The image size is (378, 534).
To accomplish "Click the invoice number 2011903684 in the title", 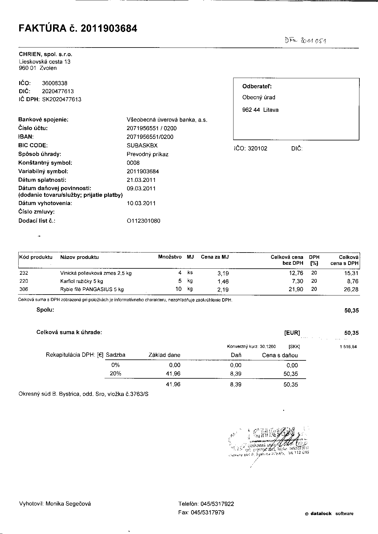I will tap(109, 28).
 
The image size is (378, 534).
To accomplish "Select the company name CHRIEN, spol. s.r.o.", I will tap(45, 55).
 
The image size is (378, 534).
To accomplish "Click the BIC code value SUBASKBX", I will tap(142, 145).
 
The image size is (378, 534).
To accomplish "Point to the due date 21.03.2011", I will tap(141, 180).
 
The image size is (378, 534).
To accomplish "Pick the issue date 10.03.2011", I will tap(141, 203).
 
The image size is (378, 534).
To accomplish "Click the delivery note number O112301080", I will tap(143, 221).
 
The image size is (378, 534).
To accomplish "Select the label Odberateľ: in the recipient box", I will tap(257, 87).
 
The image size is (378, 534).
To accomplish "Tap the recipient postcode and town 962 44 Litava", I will tap(260, 110).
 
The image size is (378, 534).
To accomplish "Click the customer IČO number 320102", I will tap(258, 149).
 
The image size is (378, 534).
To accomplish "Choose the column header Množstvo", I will tap(170, 257).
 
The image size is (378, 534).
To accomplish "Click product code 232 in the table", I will tap(23, 273).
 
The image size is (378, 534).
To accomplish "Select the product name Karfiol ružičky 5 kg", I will tap(81, 281).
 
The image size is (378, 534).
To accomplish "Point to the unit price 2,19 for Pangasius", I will tap(223, 290).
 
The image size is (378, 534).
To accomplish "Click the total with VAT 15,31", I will tap(351, 273).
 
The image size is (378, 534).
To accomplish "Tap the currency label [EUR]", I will tap(292, 333).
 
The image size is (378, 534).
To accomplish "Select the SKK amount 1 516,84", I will tap(348, 347).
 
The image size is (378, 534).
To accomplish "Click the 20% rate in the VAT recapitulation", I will tap(115, 373).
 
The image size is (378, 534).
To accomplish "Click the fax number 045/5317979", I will tap(207, 513).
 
